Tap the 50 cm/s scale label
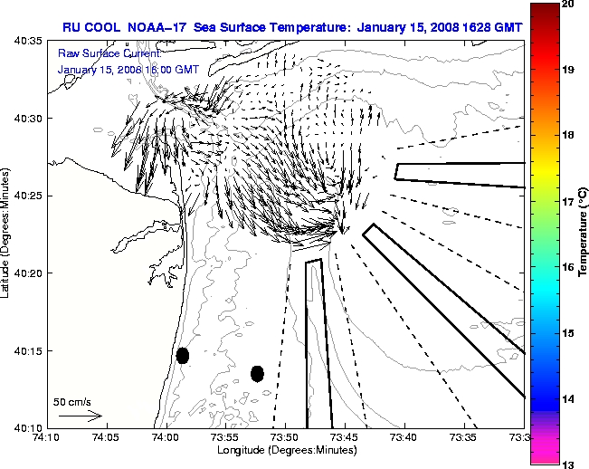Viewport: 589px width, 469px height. (x=71, y=401)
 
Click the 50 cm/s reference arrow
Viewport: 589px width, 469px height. (x=80, y=416)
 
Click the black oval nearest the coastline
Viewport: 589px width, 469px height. (x=183, y=355)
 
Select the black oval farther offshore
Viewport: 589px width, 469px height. (x=257, y=373)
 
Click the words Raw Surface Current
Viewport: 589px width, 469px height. (x=98, y=54)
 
